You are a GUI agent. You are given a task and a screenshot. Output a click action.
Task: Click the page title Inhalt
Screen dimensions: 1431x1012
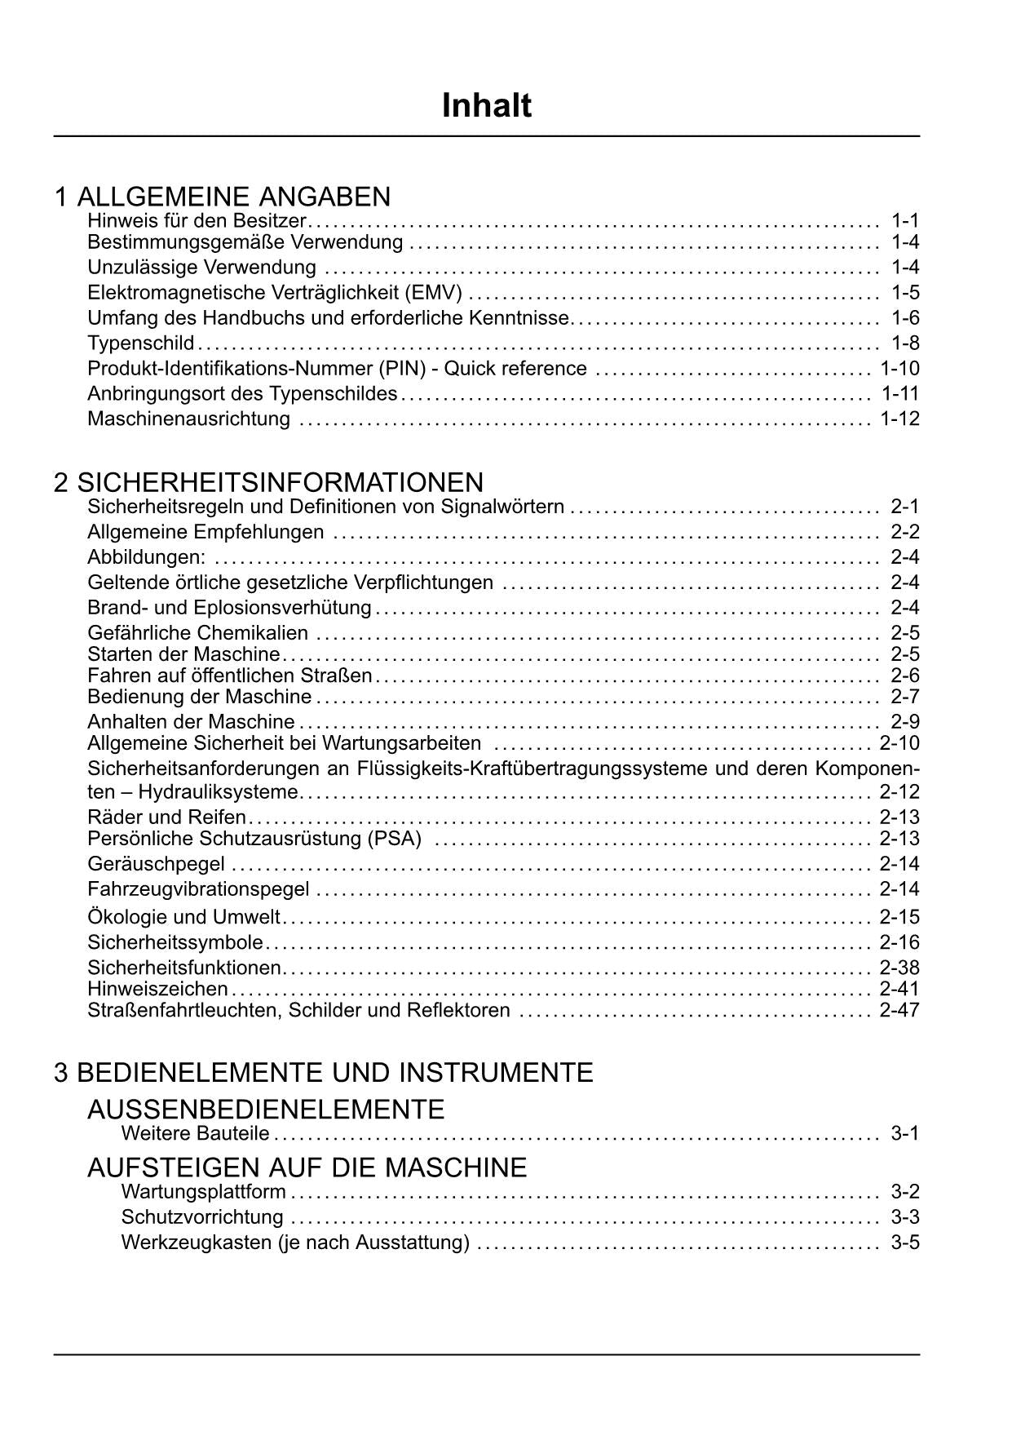tap(486, 106)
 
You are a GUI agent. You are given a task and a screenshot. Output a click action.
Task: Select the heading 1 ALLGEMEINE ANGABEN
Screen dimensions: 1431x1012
tap(222, 197)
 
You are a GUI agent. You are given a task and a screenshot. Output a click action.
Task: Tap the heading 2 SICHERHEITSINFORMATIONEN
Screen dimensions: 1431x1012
tap(268, 482)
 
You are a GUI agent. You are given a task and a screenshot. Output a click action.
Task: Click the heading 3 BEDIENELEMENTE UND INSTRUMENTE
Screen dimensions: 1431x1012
tap(323, 1072)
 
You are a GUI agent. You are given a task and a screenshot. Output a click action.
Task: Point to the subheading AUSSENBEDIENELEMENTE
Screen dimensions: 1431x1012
tap(266, 1110)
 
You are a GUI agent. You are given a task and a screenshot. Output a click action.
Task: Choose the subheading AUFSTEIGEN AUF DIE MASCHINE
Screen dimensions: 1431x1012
tap(307, 1167)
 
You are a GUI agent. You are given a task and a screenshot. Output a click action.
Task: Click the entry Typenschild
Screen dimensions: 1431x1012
tap(140, 343)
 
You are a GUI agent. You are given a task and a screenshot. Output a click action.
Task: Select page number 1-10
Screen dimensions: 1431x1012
tap(899, 368)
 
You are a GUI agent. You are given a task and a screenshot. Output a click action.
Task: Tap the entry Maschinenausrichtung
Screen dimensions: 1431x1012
tap(188, 419)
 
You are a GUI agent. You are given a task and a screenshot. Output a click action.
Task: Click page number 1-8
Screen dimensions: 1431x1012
tap(905, 343)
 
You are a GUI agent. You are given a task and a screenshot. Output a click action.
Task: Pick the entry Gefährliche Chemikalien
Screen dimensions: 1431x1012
tap(197, 632)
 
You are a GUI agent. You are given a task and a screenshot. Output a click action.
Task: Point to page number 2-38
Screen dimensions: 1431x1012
tap(899, 968)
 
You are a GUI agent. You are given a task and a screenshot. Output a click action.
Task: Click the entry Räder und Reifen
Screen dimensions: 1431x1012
tap(166, 817)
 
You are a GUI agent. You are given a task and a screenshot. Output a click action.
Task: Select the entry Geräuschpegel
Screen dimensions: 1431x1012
tap(156, 863)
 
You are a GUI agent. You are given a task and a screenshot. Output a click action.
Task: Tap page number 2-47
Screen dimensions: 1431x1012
tap(899, 1010)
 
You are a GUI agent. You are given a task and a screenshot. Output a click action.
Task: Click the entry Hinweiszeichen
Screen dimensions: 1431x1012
tap(157, 989)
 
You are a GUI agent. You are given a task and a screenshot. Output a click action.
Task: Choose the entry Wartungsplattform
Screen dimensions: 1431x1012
tap(203, 1191)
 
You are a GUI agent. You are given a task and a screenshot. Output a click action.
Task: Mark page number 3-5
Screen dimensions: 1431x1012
tap(905, 1242)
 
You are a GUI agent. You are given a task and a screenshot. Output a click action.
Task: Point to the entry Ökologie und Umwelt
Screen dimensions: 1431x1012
tap(183, 916)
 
